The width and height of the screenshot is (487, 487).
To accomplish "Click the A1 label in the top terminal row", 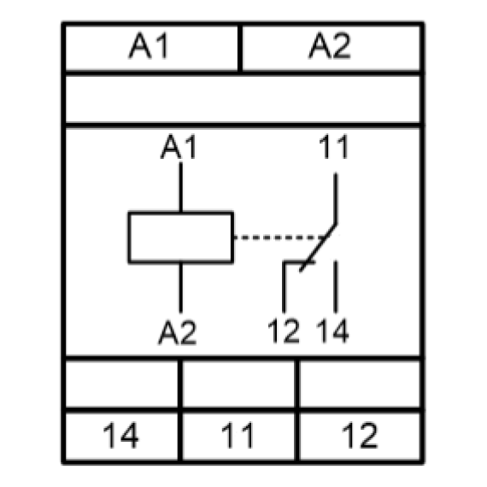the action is click(149, 45).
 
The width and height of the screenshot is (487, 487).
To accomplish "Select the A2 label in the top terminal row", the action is click(330, 45).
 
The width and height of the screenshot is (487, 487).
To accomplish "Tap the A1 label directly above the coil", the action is click(179, 146).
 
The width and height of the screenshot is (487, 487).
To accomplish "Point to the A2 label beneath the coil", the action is click(178, 332).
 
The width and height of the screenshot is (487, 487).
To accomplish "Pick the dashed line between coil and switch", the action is click(279, 238).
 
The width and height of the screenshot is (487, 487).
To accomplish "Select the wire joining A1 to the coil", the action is click(181, 187).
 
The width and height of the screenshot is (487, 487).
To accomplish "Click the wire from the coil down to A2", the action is click(181, 288).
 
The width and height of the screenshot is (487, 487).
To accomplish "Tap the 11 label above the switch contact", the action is click(334, 146).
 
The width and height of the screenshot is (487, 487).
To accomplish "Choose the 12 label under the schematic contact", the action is click(284, 332).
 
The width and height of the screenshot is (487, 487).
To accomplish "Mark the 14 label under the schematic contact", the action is click(332, 332).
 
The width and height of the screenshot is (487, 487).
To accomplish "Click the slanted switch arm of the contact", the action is click(318, 248).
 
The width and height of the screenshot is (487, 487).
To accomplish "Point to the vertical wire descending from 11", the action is click(336, 198).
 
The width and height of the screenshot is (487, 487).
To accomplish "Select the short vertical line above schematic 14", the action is click(336, 287).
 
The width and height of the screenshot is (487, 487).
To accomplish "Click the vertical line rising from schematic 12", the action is click(284, 287).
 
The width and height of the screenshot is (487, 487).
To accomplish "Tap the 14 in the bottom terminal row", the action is click(120, 435).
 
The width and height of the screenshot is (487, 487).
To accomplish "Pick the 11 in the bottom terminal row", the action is click(238, 435).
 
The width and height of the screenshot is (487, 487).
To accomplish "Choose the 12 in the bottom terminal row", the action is click(360, 435).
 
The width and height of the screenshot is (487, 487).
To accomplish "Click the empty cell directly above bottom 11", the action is click(238, 384).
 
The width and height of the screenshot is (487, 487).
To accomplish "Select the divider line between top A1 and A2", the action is click(240, 48).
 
